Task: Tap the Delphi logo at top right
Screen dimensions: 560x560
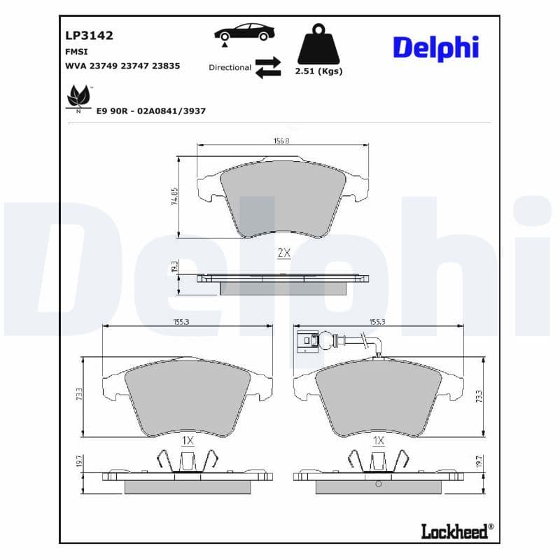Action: click(x=435, y=48)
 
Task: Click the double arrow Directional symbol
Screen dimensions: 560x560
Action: click(x=267, y=68)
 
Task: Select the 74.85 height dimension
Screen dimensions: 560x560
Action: click(x=174, y=197)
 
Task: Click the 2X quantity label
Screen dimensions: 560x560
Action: click(x=283, y=253)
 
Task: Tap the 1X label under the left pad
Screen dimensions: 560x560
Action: click(x=188, y=441)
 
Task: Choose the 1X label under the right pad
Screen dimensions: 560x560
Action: click(x=379, y=441)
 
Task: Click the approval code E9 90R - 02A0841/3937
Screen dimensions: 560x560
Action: click(x=150, y=111)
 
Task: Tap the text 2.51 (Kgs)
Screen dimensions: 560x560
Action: click(x=318, y=71)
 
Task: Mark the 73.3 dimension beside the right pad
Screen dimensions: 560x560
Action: click(x=478, y=395)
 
